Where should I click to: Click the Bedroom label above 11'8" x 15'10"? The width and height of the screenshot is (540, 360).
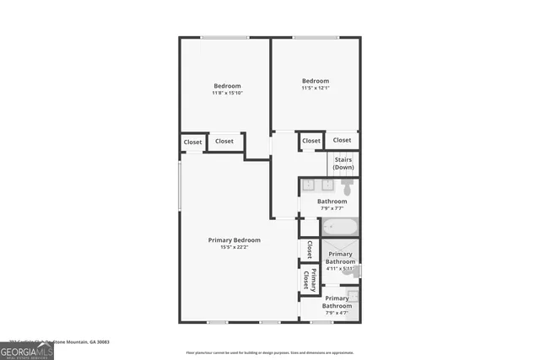227,85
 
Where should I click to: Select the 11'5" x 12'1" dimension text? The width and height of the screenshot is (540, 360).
315,88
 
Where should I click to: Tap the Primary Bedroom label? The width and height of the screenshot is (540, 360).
228,240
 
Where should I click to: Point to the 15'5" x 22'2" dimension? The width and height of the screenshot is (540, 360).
228,248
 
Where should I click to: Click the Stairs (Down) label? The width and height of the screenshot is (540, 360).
343,163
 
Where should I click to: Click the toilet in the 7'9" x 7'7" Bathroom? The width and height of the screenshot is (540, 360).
348,187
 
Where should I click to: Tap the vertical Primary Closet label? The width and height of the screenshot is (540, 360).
311,281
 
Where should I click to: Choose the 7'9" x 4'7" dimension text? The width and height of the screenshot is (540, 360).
336,313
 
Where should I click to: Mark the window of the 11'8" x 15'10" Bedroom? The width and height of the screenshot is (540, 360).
224,37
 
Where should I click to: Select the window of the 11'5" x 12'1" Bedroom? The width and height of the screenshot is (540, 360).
316,37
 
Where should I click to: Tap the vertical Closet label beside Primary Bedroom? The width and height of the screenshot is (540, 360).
309,250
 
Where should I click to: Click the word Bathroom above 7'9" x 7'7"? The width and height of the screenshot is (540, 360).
332,201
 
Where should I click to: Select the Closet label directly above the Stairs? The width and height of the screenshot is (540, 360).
342,140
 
